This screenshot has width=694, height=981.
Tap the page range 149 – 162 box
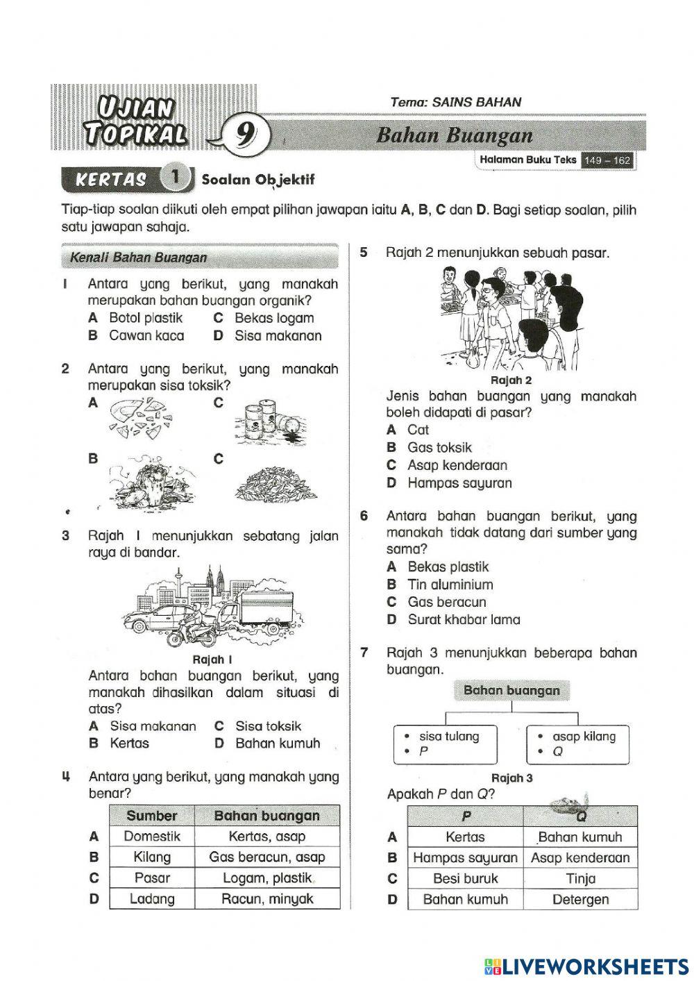coord(607,160)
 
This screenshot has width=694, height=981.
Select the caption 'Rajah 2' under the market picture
coord(511,380)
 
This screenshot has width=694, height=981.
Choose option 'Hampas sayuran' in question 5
coord(459,483)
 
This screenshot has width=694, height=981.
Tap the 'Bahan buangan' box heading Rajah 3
coord(511,690)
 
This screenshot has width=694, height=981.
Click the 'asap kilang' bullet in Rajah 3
coord(583,736)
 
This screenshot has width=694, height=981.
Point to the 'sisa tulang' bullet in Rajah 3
coord(448,736)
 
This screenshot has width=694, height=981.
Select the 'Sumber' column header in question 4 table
coord(151,816)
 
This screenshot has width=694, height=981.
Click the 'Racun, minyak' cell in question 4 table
coord(267,898)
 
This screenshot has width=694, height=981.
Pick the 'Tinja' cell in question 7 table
coord(580,878)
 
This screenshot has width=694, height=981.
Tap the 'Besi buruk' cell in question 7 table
coord(465,878)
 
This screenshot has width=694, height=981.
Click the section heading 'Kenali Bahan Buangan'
coord(139,258)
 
